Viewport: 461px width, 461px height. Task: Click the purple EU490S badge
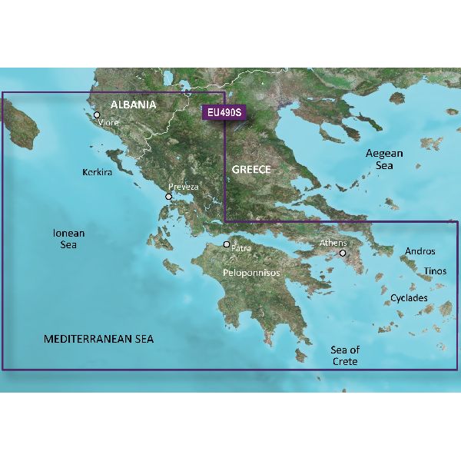click(224, 113)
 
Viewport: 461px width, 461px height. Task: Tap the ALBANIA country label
click(134, 104)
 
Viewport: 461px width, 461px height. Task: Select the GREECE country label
click(250, 169)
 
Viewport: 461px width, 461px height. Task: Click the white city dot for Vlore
click(97, 116)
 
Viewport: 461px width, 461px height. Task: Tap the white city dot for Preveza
click(169, 197)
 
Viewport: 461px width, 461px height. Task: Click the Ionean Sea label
click(68, 238)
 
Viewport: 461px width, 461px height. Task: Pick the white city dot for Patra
click(227, 245)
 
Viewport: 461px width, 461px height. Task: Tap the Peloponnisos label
click(250, 273)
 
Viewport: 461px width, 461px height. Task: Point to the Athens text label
click(333, 244)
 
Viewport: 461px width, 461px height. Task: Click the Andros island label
click(419, 251)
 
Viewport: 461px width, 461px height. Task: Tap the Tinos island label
click(435, 271)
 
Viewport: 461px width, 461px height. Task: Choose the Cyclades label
click(409, 297)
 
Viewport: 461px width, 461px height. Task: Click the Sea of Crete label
click(344, 355)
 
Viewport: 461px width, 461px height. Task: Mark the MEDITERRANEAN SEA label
click(98, 339)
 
